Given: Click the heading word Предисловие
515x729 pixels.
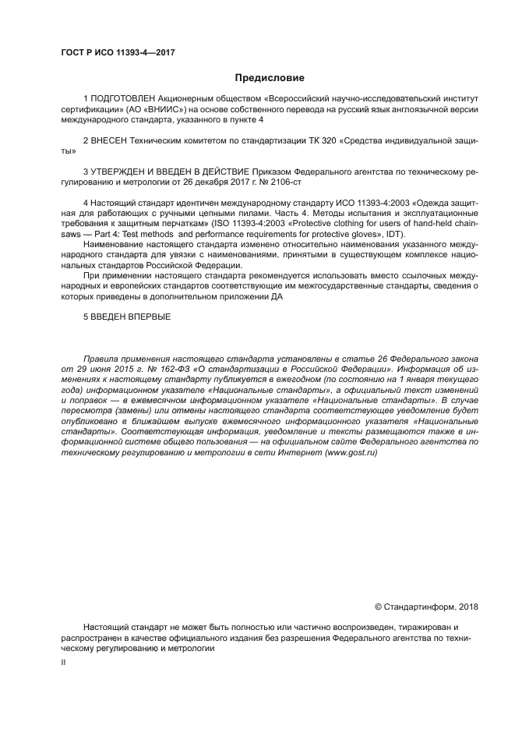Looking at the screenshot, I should coord(270,78).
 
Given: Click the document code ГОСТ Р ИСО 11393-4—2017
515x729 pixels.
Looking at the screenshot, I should coord(117,51).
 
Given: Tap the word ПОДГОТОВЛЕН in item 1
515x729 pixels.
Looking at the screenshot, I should coord(122,100).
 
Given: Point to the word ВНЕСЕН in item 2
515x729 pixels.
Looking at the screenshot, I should coord(109,141).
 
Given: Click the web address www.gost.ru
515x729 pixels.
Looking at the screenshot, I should coord(350,452).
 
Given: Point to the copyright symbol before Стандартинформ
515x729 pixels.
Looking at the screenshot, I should coord(379,607).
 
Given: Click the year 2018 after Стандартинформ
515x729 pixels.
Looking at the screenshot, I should coord(469,607).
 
